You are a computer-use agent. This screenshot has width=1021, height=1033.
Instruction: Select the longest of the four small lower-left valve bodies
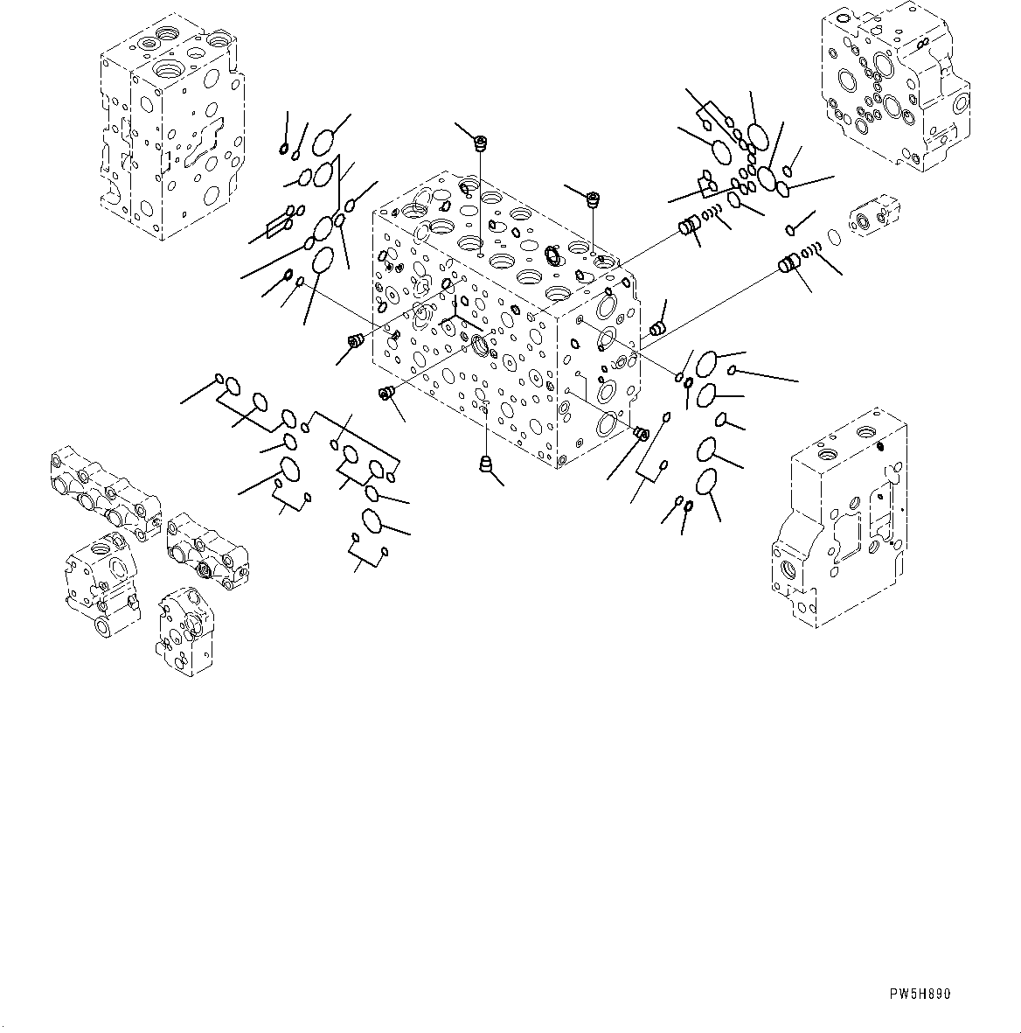[103, 490]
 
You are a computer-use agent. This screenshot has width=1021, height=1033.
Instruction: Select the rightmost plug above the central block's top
[594, 199]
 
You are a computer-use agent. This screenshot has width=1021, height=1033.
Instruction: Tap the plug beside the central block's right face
[657, 328]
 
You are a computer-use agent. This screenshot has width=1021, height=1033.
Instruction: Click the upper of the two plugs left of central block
[355, 341]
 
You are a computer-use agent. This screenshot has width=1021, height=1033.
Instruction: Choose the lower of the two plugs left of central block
[385, 394]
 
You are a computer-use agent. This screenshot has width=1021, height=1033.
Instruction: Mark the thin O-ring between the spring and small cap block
[834, 236]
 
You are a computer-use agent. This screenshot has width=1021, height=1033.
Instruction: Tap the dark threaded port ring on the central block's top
[552, 255]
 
